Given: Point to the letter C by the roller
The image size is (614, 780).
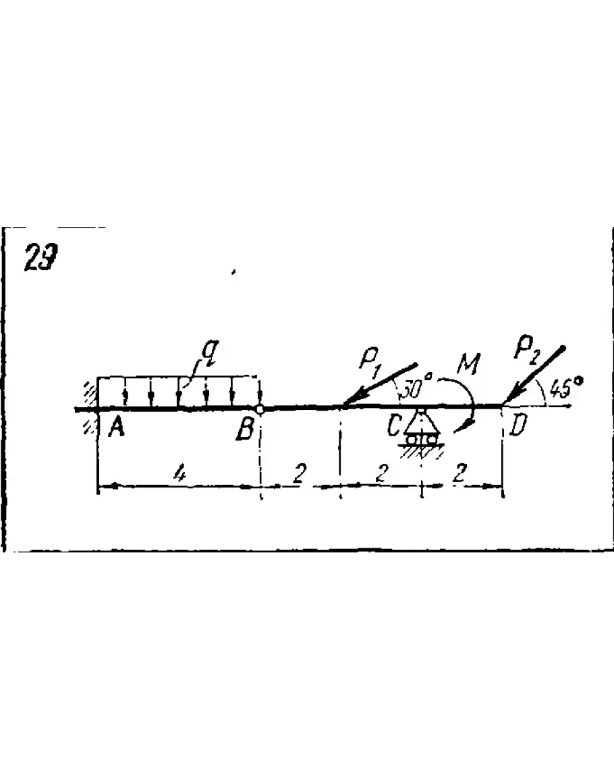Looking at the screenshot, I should (394, 426).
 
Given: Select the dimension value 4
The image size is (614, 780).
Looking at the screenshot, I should (179, 474).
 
